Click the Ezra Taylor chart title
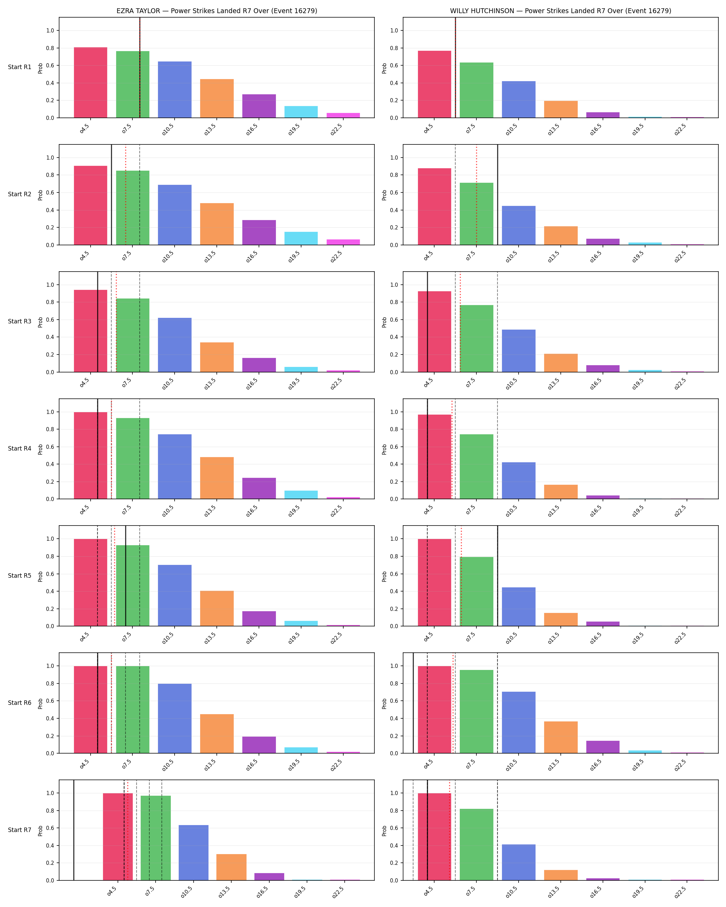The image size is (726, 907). (217, 11)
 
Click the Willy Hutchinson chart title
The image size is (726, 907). (561, 11)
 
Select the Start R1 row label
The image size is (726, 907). (19, 67)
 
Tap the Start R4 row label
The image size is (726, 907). (19, 448)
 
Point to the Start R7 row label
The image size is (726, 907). (19, 830)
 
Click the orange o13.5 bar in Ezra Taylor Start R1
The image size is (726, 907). (217, 98)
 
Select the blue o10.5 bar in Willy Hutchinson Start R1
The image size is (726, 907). (519, 99)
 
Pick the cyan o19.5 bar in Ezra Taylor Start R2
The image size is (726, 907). (301, 238)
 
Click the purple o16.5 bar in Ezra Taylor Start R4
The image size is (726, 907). (259, 489)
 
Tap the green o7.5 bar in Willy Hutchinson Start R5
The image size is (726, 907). (476, 592)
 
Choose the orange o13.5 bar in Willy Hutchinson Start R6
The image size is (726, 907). (561, 737)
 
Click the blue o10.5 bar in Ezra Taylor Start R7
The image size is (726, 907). (194, 852)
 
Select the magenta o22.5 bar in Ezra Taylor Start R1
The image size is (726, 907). (343, 115)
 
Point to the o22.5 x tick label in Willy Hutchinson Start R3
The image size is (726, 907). (680, 383)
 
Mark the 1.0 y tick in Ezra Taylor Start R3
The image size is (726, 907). (50, 285)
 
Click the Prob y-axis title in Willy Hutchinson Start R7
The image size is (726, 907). (384, 830)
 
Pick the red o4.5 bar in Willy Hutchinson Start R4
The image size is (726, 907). (434, 457)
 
